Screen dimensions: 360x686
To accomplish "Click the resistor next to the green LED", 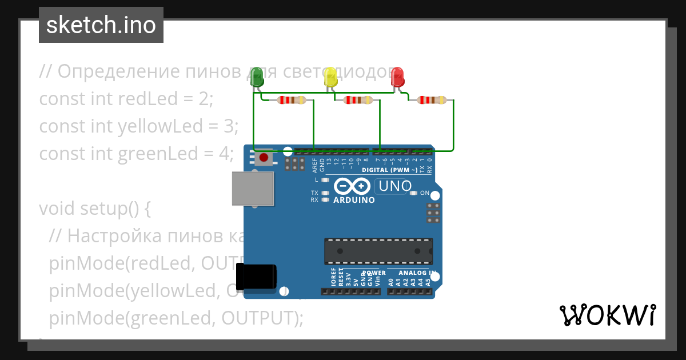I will [x=292, y=101].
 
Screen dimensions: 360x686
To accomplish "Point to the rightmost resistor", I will [x=432, y=101].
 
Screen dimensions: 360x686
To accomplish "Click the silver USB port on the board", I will [x=252, y=188].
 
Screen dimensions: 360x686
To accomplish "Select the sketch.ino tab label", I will [x=101, y=25].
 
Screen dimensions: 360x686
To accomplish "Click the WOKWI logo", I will [x=607, y=315].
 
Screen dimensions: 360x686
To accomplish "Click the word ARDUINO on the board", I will [x=354, y=201].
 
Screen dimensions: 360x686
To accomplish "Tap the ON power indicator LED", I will [x=414, y=193].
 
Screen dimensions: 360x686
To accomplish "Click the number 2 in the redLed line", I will [x=205, y=99].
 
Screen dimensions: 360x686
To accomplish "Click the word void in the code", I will [x=57, y=209].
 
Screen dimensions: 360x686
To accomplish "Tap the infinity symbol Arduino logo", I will [x=353, y=186].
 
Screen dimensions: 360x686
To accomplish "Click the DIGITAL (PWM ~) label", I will [x=389, y=170].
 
